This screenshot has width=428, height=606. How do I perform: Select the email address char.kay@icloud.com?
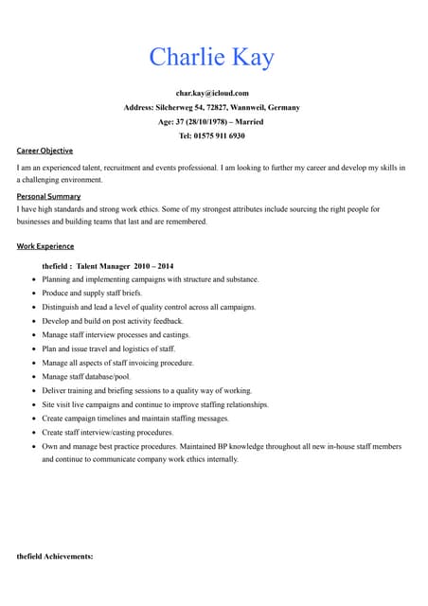[213, 93]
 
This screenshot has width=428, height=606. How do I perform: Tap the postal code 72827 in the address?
[221, 108]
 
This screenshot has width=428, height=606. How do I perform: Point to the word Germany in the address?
[282, 108]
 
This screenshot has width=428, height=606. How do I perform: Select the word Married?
[248, 122]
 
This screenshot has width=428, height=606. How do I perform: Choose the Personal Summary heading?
[48, 196]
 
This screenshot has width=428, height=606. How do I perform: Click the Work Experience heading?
[45, 246]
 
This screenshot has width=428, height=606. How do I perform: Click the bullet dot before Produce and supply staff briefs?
[34, 294]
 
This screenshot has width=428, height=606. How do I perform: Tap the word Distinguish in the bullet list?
[62, 307]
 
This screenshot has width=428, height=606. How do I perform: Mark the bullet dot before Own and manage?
[34, 446]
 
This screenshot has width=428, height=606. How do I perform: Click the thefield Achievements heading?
[55, 557]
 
